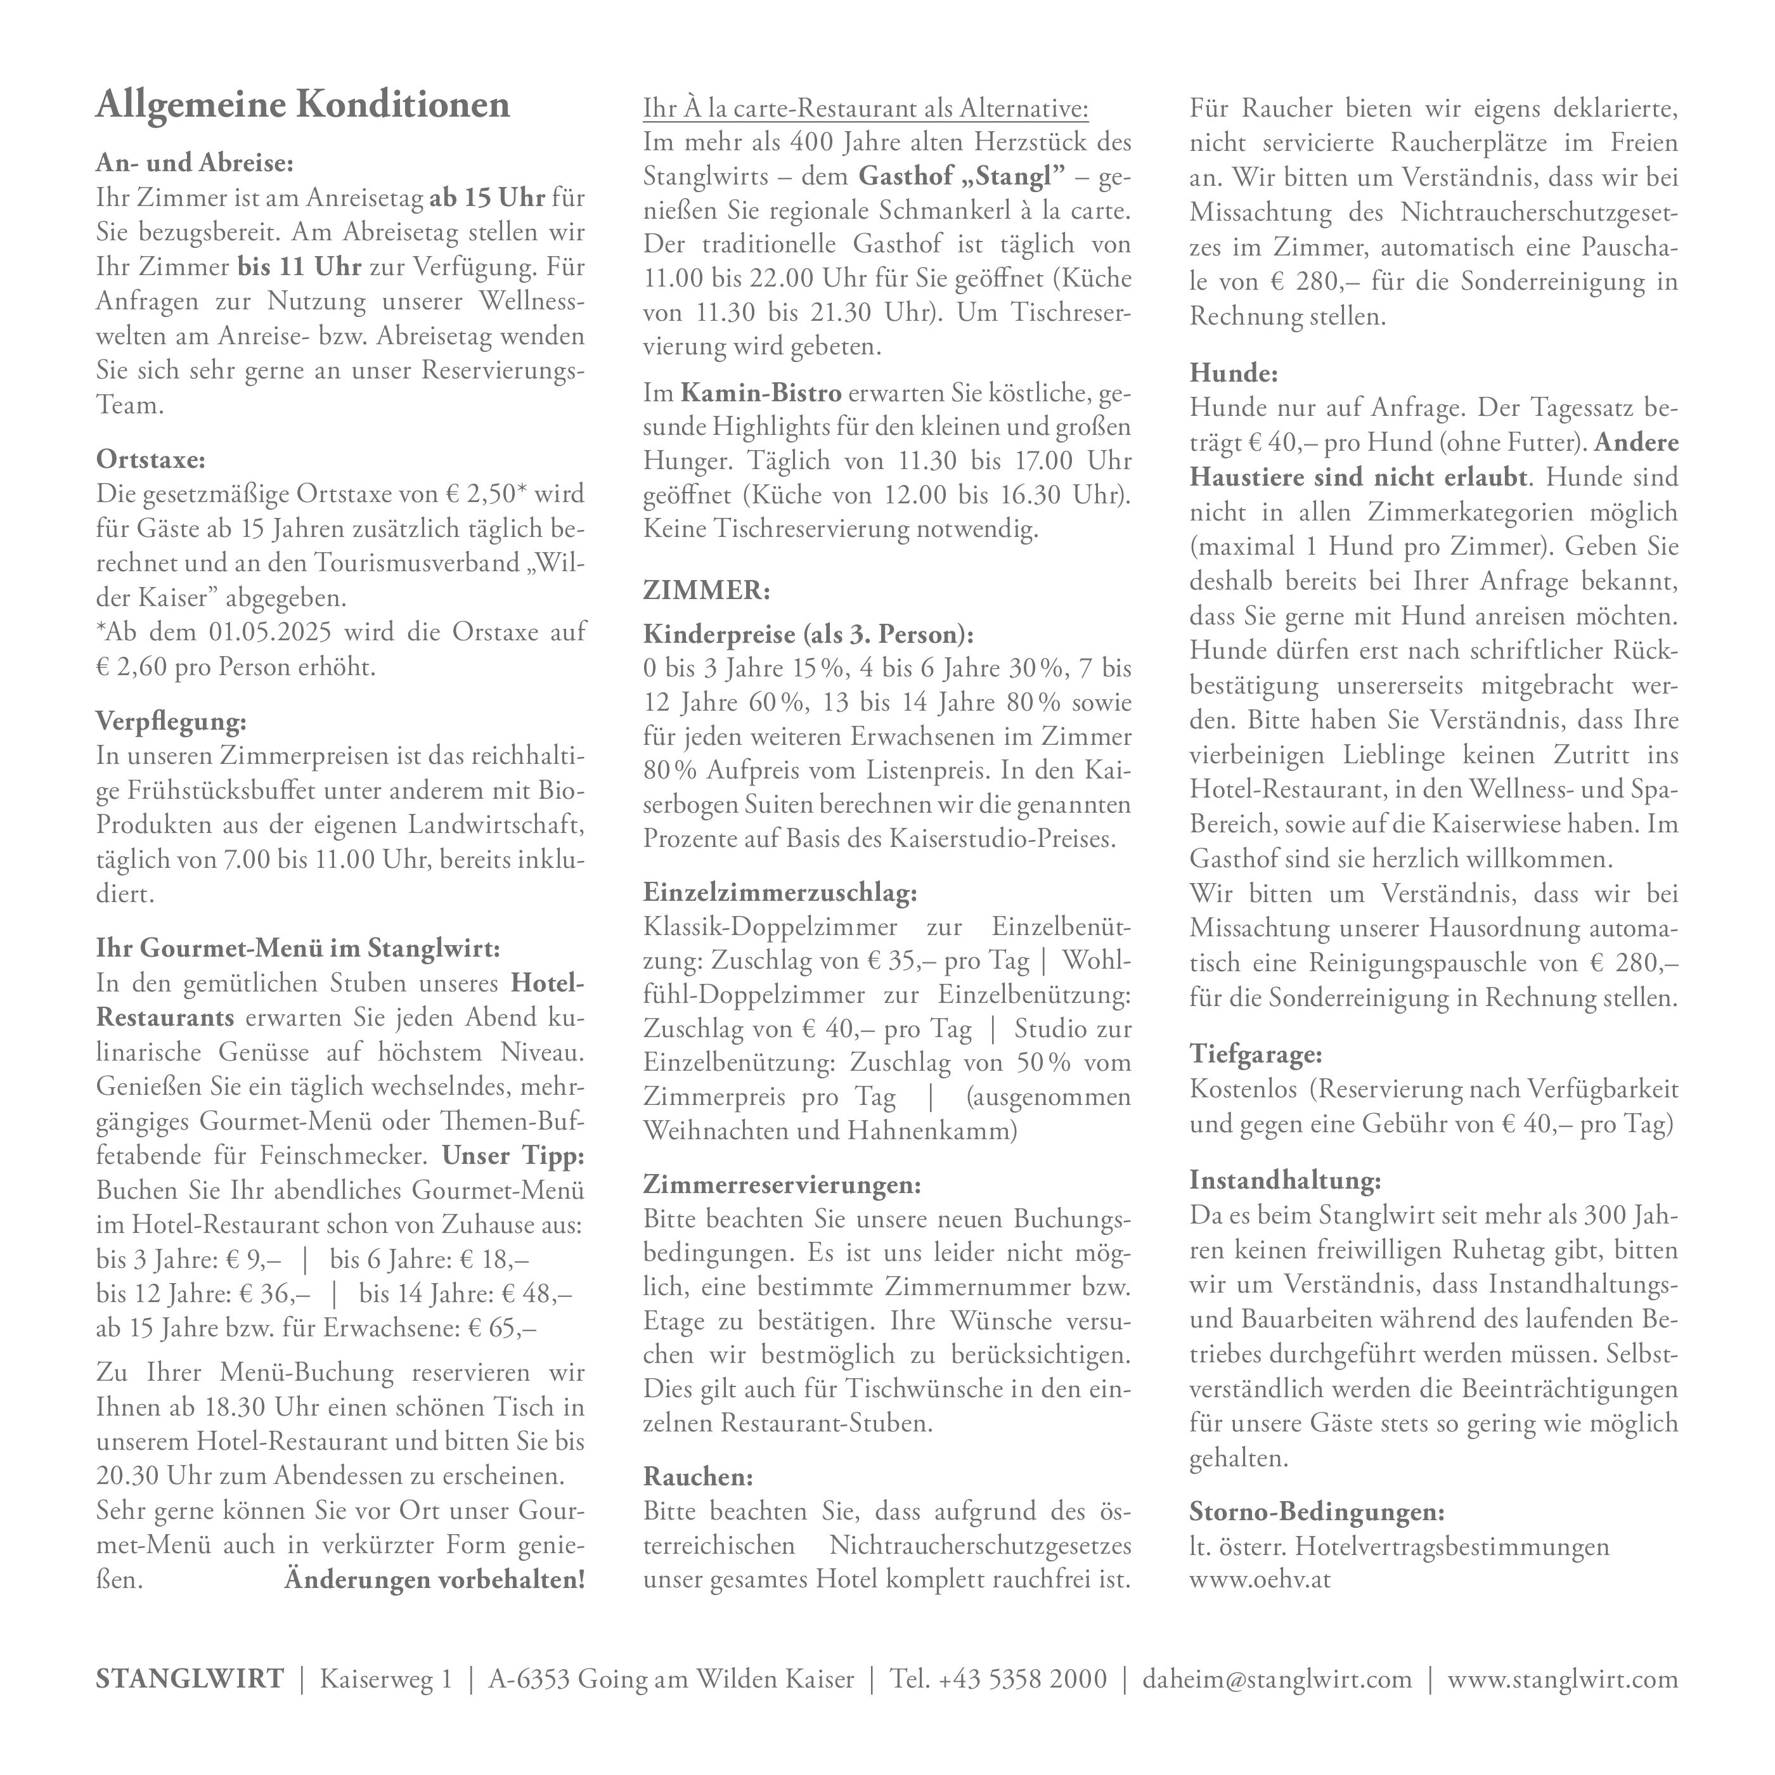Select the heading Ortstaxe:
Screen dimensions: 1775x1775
coord(151,458)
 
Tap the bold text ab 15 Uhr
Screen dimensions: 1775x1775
coord(487,198)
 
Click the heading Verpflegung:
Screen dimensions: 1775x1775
coord(171,722)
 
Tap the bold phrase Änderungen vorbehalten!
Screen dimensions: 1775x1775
coord(434,1579)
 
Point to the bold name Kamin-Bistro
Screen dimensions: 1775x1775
coord(761,393)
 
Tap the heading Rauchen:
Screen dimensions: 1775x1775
coord(697,1476)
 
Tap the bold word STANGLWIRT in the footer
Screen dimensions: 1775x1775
coord(190,1679)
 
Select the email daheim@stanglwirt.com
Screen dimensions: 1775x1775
coord(1277,1679)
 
